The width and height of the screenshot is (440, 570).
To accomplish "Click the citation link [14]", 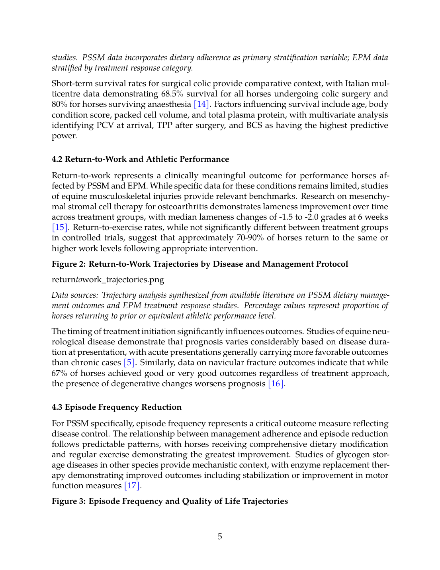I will (201, 104).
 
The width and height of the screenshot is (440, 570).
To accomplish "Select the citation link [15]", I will (60, 228).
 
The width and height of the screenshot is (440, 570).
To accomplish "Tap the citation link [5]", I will (129, 363).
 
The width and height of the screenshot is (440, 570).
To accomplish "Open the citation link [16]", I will (276, 383).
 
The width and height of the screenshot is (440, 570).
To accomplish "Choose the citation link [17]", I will (132, 485).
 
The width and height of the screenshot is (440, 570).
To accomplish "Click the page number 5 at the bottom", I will (220, 537).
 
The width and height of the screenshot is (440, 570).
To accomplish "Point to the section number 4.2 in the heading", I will (57, 159).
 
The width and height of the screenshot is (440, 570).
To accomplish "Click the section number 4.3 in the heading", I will (57, 407).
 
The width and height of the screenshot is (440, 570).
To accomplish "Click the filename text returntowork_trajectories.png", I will (108, 279).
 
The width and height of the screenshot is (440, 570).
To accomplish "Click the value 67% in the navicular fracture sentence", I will (59, 373).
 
